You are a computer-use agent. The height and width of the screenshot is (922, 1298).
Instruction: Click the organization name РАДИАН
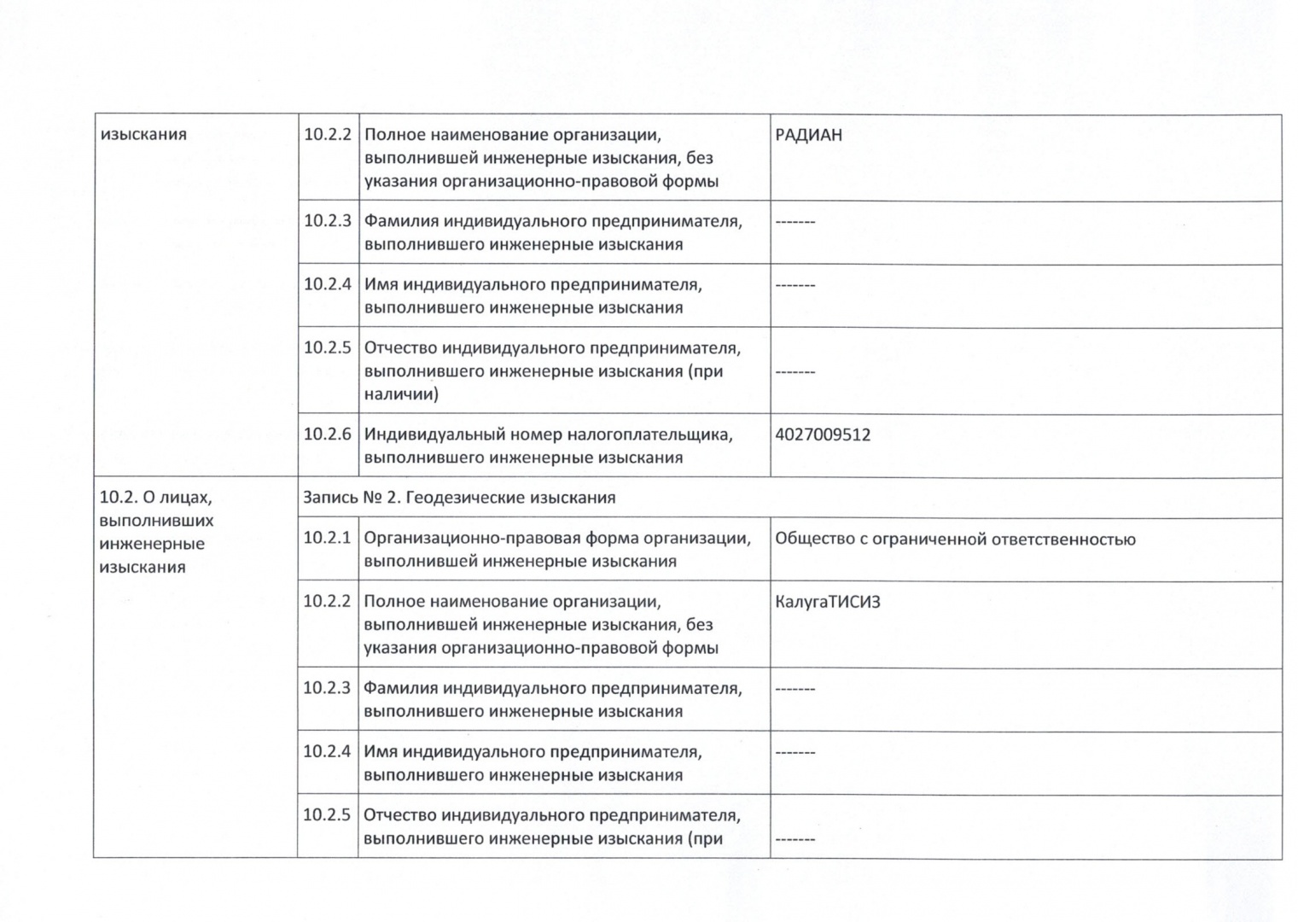808,135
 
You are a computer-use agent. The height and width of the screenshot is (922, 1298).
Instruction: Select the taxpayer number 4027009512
823,435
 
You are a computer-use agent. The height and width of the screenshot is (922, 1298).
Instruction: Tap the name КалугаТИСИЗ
828,602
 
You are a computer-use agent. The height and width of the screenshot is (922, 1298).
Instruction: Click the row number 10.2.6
328,434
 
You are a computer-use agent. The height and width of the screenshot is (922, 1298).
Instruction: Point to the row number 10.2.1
327,538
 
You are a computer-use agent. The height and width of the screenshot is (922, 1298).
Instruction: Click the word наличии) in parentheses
401,394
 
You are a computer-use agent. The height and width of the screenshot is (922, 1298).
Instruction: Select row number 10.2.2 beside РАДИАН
328,134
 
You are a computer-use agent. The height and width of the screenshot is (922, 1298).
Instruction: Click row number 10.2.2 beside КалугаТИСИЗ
327,601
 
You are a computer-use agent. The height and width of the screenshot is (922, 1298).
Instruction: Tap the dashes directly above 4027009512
795,372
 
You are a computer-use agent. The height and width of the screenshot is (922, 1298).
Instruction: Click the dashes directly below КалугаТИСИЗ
795,689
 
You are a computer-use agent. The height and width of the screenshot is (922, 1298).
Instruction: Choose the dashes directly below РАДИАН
795,222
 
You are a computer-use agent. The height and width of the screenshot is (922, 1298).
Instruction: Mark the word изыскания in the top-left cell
143,135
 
